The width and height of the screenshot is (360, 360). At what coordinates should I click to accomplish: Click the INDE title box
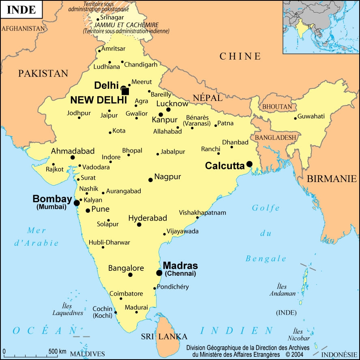[21, 10]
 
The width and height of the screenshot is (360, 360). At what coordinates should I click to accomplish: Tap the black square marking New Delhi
[125, 91]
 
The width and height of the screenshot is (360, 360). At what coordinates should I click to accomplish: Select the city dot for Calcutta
[249, 164]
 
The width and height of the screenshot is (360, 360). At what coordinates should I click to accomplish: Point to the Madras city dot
[159, 273]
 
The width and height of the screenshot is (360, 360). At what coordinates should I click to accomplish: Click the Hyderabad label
[148, 219]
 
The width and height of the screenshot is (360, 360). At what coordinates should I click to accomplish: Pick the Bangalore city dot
[130, 275]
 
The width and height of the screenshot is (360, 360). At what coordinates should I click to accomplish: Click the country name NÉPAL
[207, 98]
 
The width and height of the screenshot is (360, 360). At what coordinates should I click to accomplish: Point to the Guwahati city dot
[295, 118]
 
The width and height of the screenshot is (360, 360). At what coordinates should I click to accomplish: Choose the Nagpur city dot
[150, 180]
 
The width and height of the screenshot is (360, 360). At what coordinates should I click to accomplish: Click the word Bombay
[52, 199]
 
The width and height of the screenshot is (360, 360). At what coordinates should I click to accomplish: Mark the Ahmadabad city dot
[73, 157]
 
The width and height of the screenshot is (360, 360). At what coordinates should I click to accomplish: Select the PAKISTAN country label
[43, 73]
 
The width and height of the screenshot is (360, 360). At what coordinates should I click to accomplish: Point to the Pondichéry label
[173, 287]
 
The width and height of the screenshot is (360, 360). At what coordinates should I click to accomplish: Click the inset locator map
[321, 27]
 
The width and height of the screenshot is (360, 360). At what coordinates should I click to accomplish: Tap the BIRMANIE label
[331, 179]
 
